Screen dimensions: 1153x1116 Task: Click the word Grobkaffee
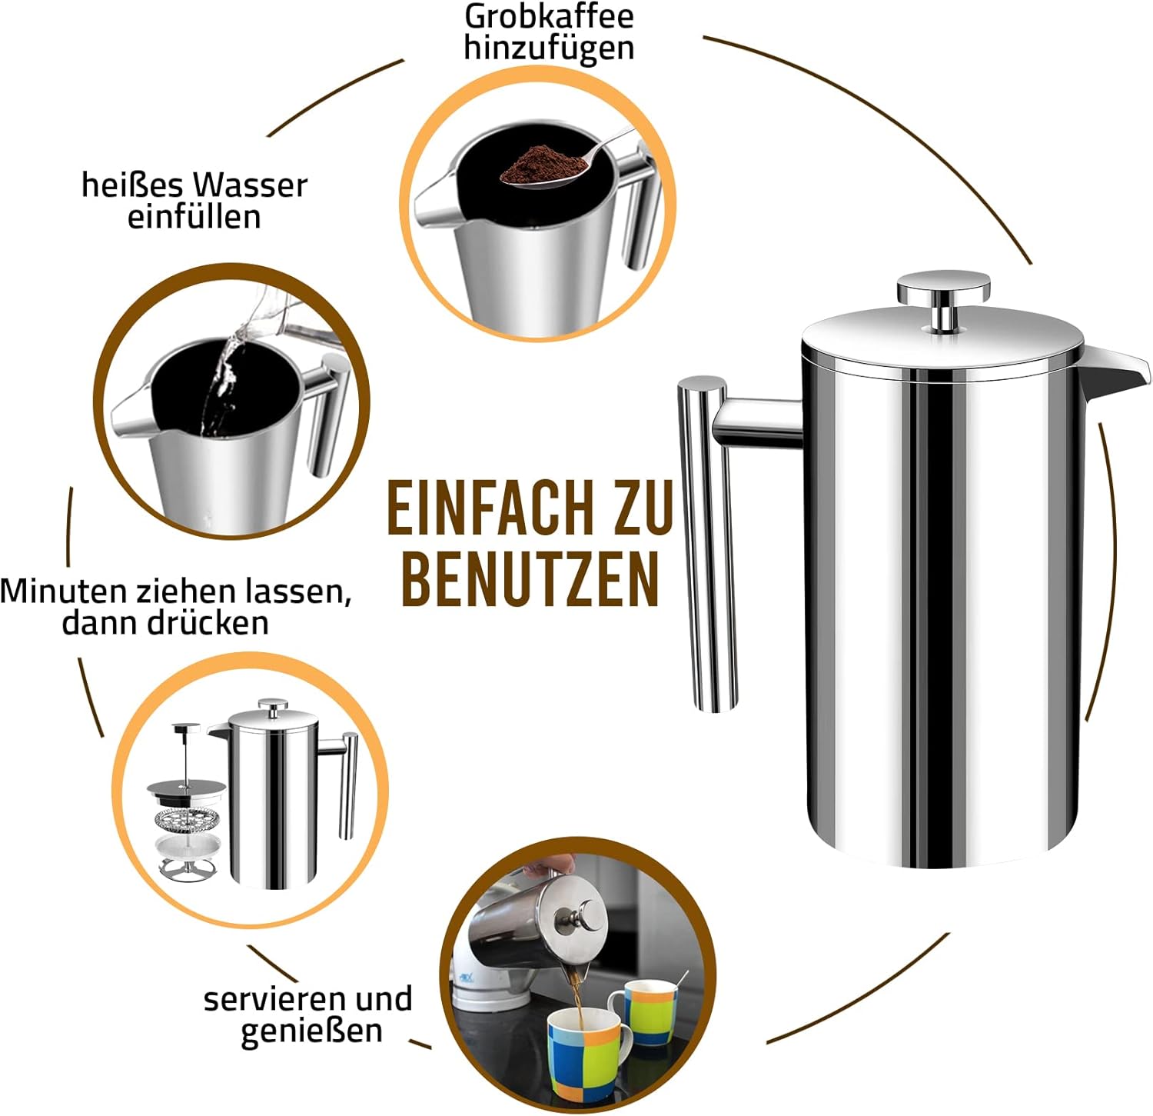(550, 16)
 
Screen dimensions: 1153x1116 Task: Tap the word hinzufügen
(549, 48)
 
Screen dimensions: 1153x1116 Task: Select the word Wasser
(250, 185)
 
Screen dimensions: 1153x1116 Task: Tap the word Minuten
(64, 591)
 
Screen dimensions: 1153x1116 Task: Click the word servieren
(274, 999)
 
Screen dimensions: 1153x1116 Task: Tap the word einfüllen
(194, 217)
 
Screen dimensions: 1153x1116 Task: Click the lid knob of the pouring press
(586, 917)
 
